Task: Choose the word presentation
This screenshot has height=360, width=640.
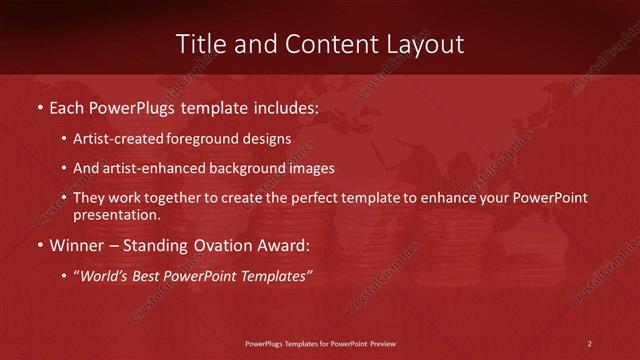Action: [x=116, y=215]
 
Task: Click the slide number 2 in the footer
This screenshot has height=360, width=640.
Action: [x=589, y=344]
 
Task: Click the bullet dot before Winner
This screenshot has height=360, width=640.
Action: [x=39, y=246]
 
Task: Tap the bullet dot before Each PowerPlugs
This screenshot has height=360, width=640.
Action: [x=39, y=105]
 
